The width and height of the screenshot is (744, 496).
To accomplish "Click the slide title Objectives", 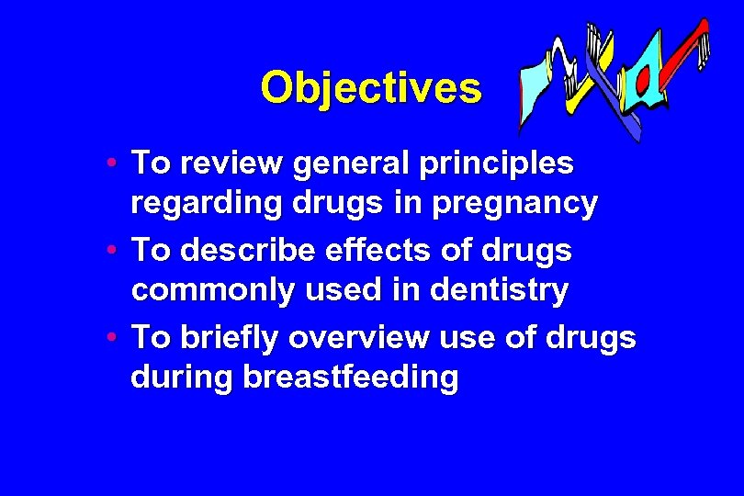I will tap(370, 88).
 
